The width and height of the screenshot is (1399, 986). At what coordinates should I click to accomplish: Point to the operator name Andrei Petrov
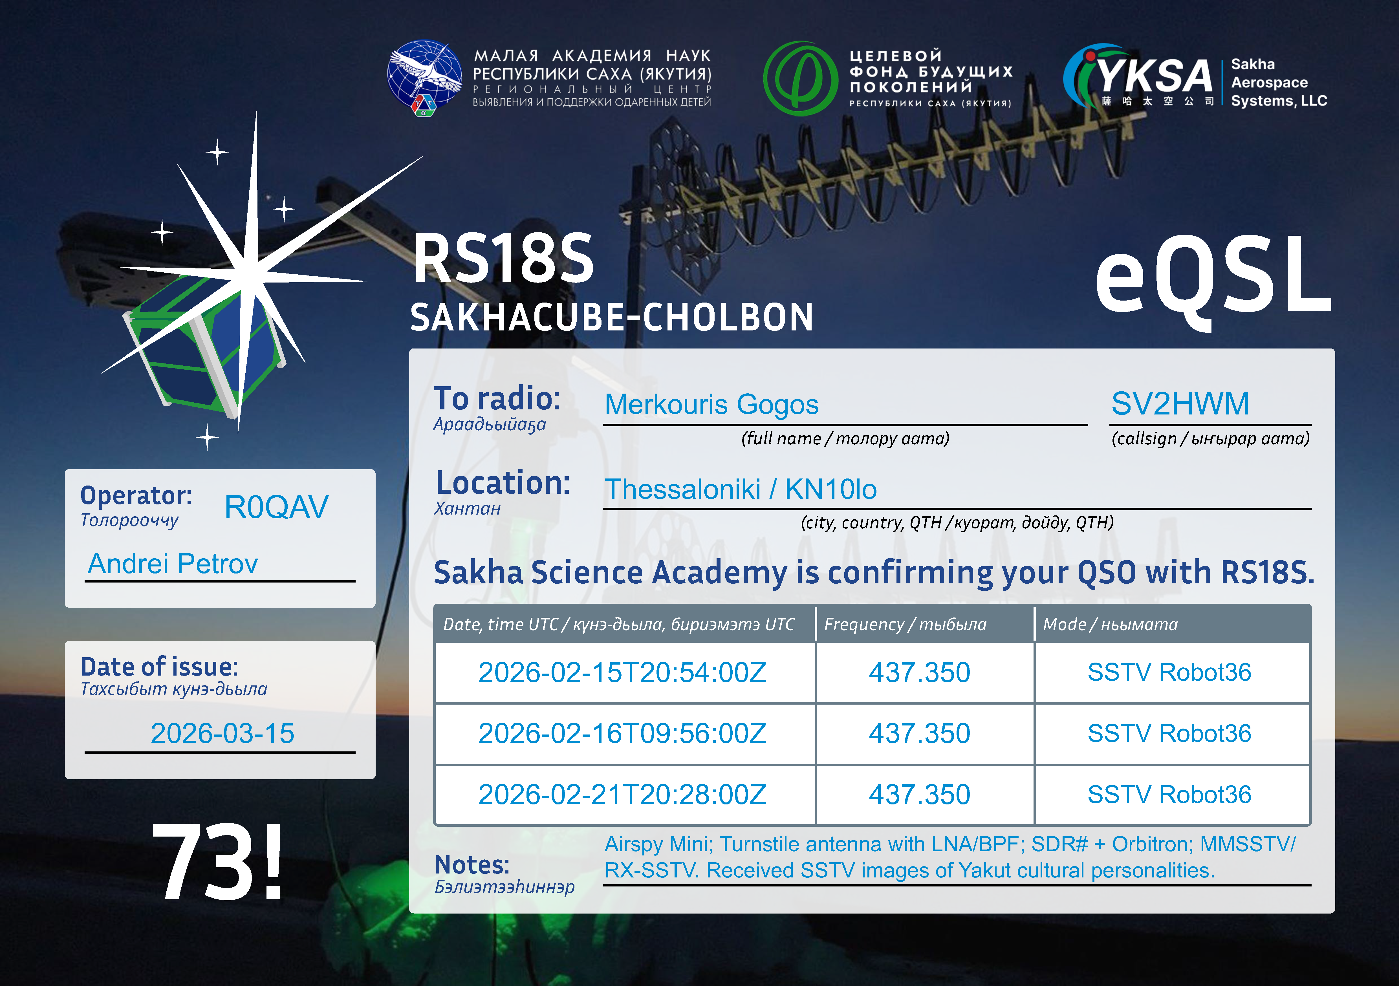(x=173, y=564)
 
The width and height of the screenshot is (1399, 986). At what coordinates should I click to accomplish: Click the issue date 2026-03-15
(x=222, y=733)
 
